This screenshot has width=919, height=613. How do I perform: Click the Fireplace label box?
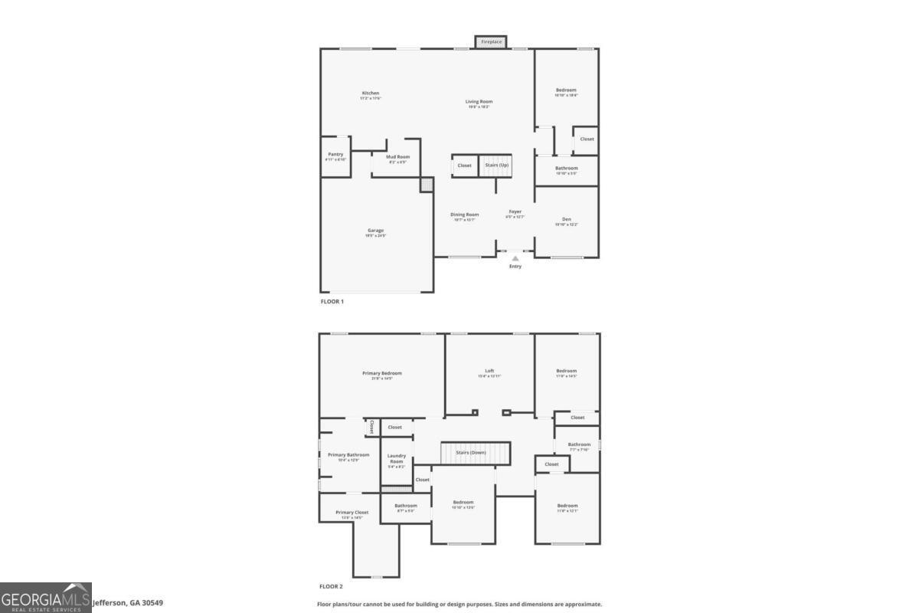coord(491,42)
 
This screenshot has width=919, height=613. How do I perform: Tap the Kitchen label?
coord(371,93)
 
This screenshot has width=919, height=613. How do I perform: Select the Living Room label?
coord(479,101)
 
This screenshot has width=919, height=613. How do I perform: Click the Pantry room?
coord(335,156)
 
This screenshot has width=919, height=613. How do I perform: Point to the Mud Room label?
coord(397,157)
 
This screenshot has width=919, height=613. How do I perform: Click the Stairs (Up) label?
coord(496,166)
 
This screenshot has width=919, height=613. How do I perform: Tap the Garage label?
coord(375,231)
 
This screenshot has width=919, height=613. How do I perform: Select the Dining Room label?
coord(464,215)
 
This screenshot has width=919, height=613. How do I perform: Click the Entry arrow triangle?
coord(515,258)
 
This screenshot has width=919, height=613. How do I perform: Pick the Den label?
coord(567,219)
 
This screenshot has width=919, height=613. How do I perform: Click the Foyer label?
coord(515,211)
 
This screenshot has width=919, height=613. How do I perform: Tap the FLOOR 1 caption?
coord(332,302)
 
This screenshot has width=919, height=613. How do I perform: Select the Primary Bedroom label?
coord(382,373)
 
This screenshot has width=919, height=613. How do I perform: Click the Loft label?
coord(489,371)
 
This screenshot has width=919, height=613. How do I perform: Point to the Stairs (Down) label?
coord(471,453)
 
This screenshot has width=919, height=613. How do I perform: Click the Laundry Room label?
coord(396,458)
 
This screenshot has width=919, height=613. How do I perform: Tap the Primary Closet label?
coord(352,513)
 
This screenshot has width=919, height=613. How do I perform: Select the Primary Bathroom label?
coord(348,455)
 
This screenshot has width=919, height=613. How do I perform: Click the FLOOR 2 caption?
coord(332,586)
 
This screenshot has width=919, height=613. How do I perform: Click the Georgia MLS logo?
coord(46,598)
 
